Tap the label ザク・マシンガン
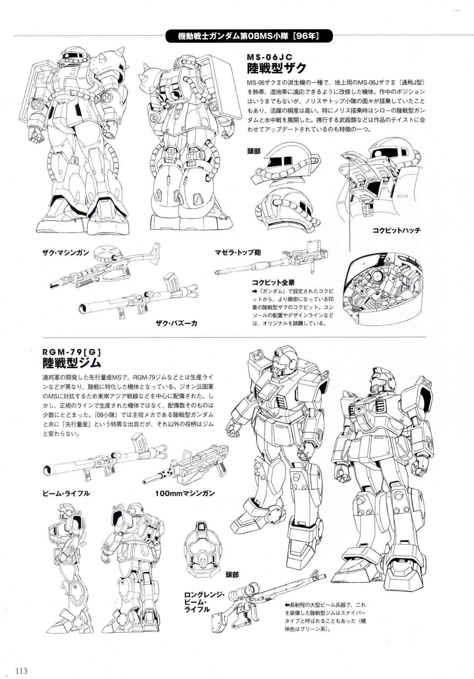tap(66, 253)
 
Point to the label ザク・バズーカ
tap(176, 323)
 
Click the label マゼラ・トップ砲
tap(238, 253)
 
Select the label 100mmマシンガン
tap(185, 493)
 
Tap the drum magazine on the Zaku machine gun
tap(103, 254)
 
